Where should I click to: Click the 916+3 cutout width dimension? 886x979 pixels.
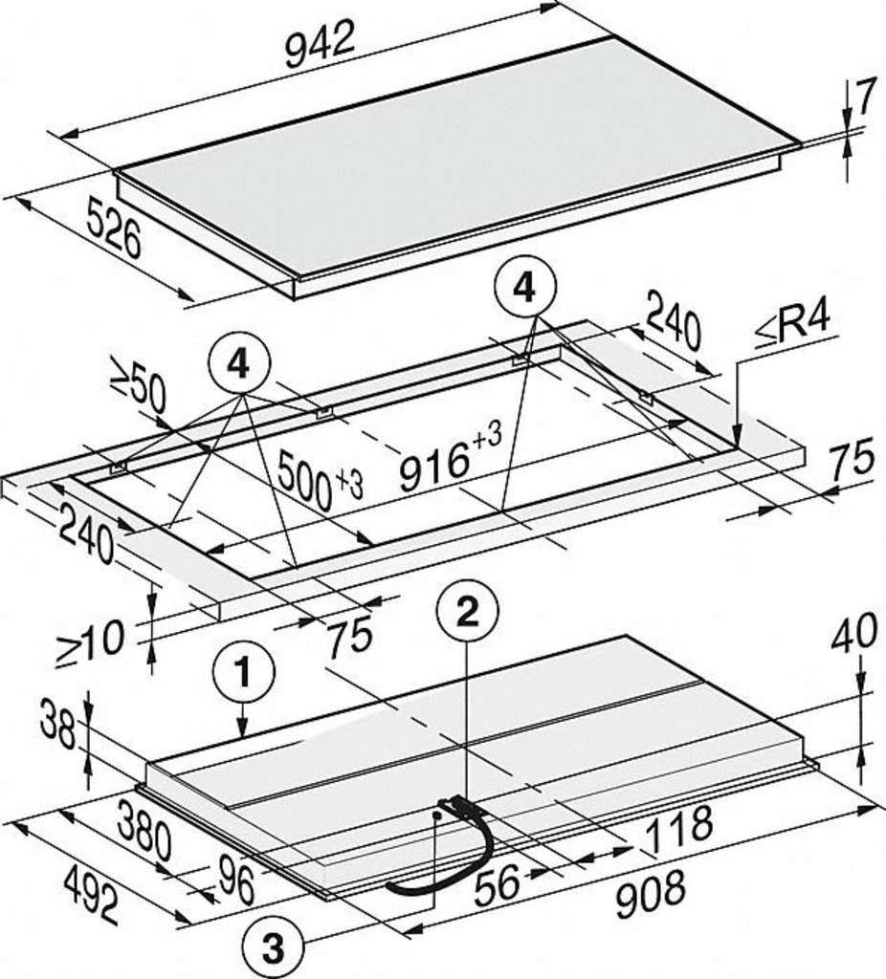coord(450,456)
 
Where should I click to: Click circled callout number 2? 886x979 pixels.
coord(468,613)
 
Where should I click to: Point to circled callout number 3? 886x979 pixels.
coord(274,950)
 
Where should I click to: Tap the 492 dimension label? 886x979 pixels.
coord(92,895)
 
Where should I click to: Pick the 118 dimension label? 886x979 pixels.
coord(678,830)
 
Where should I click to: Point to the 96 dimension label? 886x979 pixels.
coord(236,881)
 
